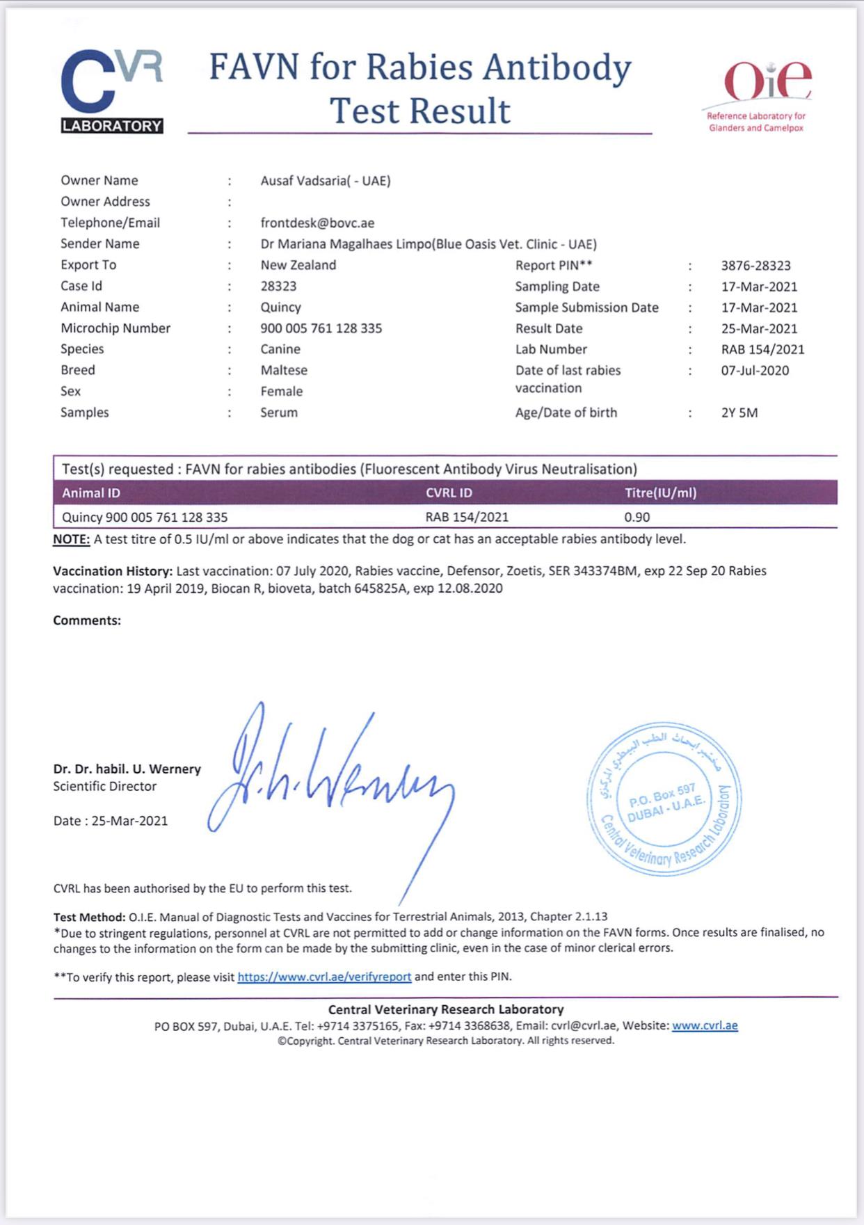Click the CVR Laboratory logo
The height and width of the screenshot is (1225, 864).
click(x=112, y=91)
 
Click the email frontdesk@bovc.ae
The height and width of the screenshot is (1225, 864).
click(x=317, y=223)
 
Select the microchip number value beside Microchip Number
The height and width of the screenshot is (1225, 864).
click(x=321, y=328)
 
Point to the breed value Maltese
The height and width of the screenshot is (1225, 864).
click(x=284, y=370)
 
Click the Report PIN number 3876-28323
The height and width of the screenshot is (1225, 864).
click(x=755, y=266)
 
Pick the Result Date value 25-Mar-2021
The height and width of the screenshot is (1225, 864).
click(x=759, y=328)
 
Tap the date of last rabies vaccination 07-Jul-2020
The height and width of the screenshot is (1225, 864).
click(x=755, y=370)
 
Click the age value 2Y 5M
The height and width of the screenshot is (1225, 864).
click(x=739, y=413)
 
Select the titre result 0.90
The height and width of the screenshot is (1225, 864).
click(x=637, y=517)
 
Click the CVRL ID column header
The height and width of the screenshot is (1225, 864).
click(x=449, y=493)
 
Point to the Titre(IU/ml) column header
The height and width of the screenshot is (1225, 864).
click(x=660, y=493)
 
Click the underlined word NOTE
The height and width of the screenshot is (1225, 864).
click(x=72, y=539)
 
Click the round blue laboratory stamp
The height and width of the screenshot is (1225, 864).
click(x=664, y=799)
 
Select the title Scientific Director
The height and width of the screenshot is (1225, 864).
click(x=105, y=786)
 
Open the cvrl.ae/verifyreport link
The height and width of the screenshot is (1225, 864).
click(x=324, y=977)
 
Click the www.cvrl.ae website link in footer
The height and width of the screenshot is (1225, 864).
click(x=705, y=1025)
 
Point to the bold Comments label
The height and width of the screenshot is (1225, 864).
click(x=87, y=620)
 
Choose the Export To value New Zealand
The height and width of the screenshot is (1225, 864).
click(x=298, y=265)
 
